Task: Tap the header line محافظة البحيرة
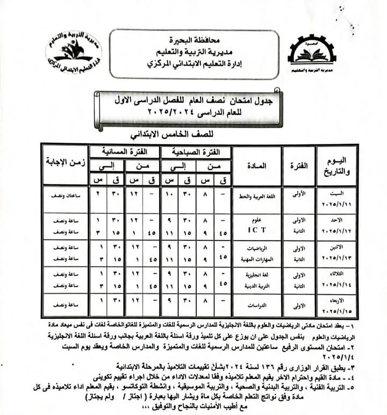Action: coord(194,39)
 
